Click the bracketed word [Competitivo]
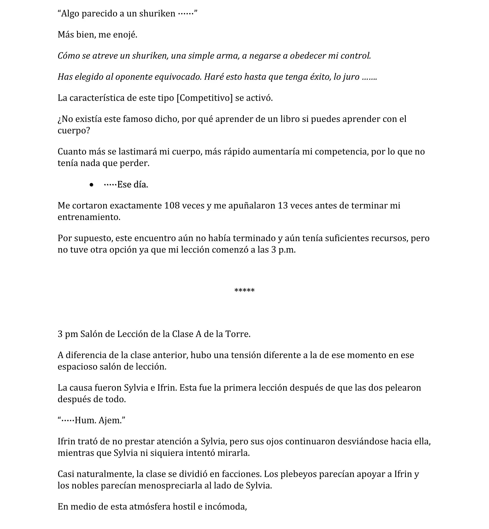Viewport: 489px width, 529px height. point(204,98)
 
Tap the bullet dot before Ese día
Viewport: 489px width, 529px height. point(91,185)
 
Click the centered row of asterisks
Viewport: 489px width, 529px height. point(244,290)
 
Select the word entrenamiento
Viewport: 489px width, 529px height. point(89,217)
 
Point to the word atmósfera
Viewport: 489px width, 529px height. point(149,507)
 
